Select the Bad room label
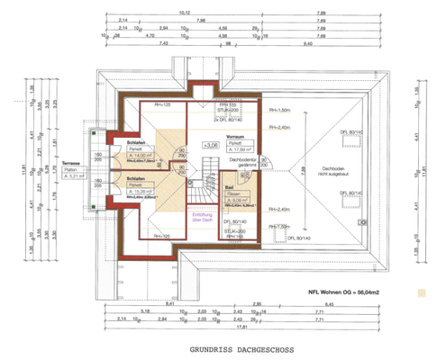[x=231, y=187]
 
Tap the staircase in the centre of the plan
[x=200, y=184]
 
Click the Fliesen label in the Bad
[x=232, y=193]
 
